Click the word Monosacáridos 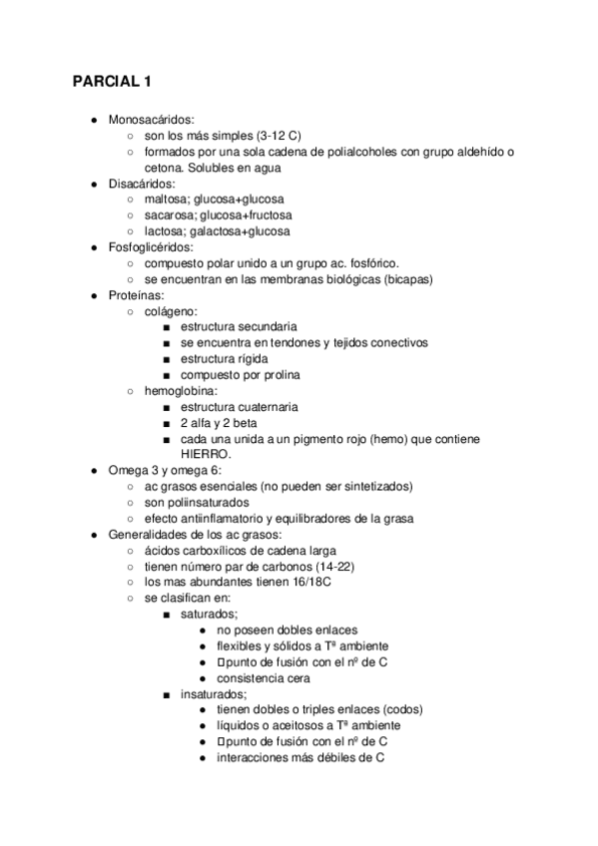point(152,119)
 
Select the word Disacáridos point(142,183)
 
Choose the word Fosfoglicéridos point(151,246)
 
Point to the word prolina point(279,374)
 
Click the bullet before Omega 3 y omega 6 point(93,470)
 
